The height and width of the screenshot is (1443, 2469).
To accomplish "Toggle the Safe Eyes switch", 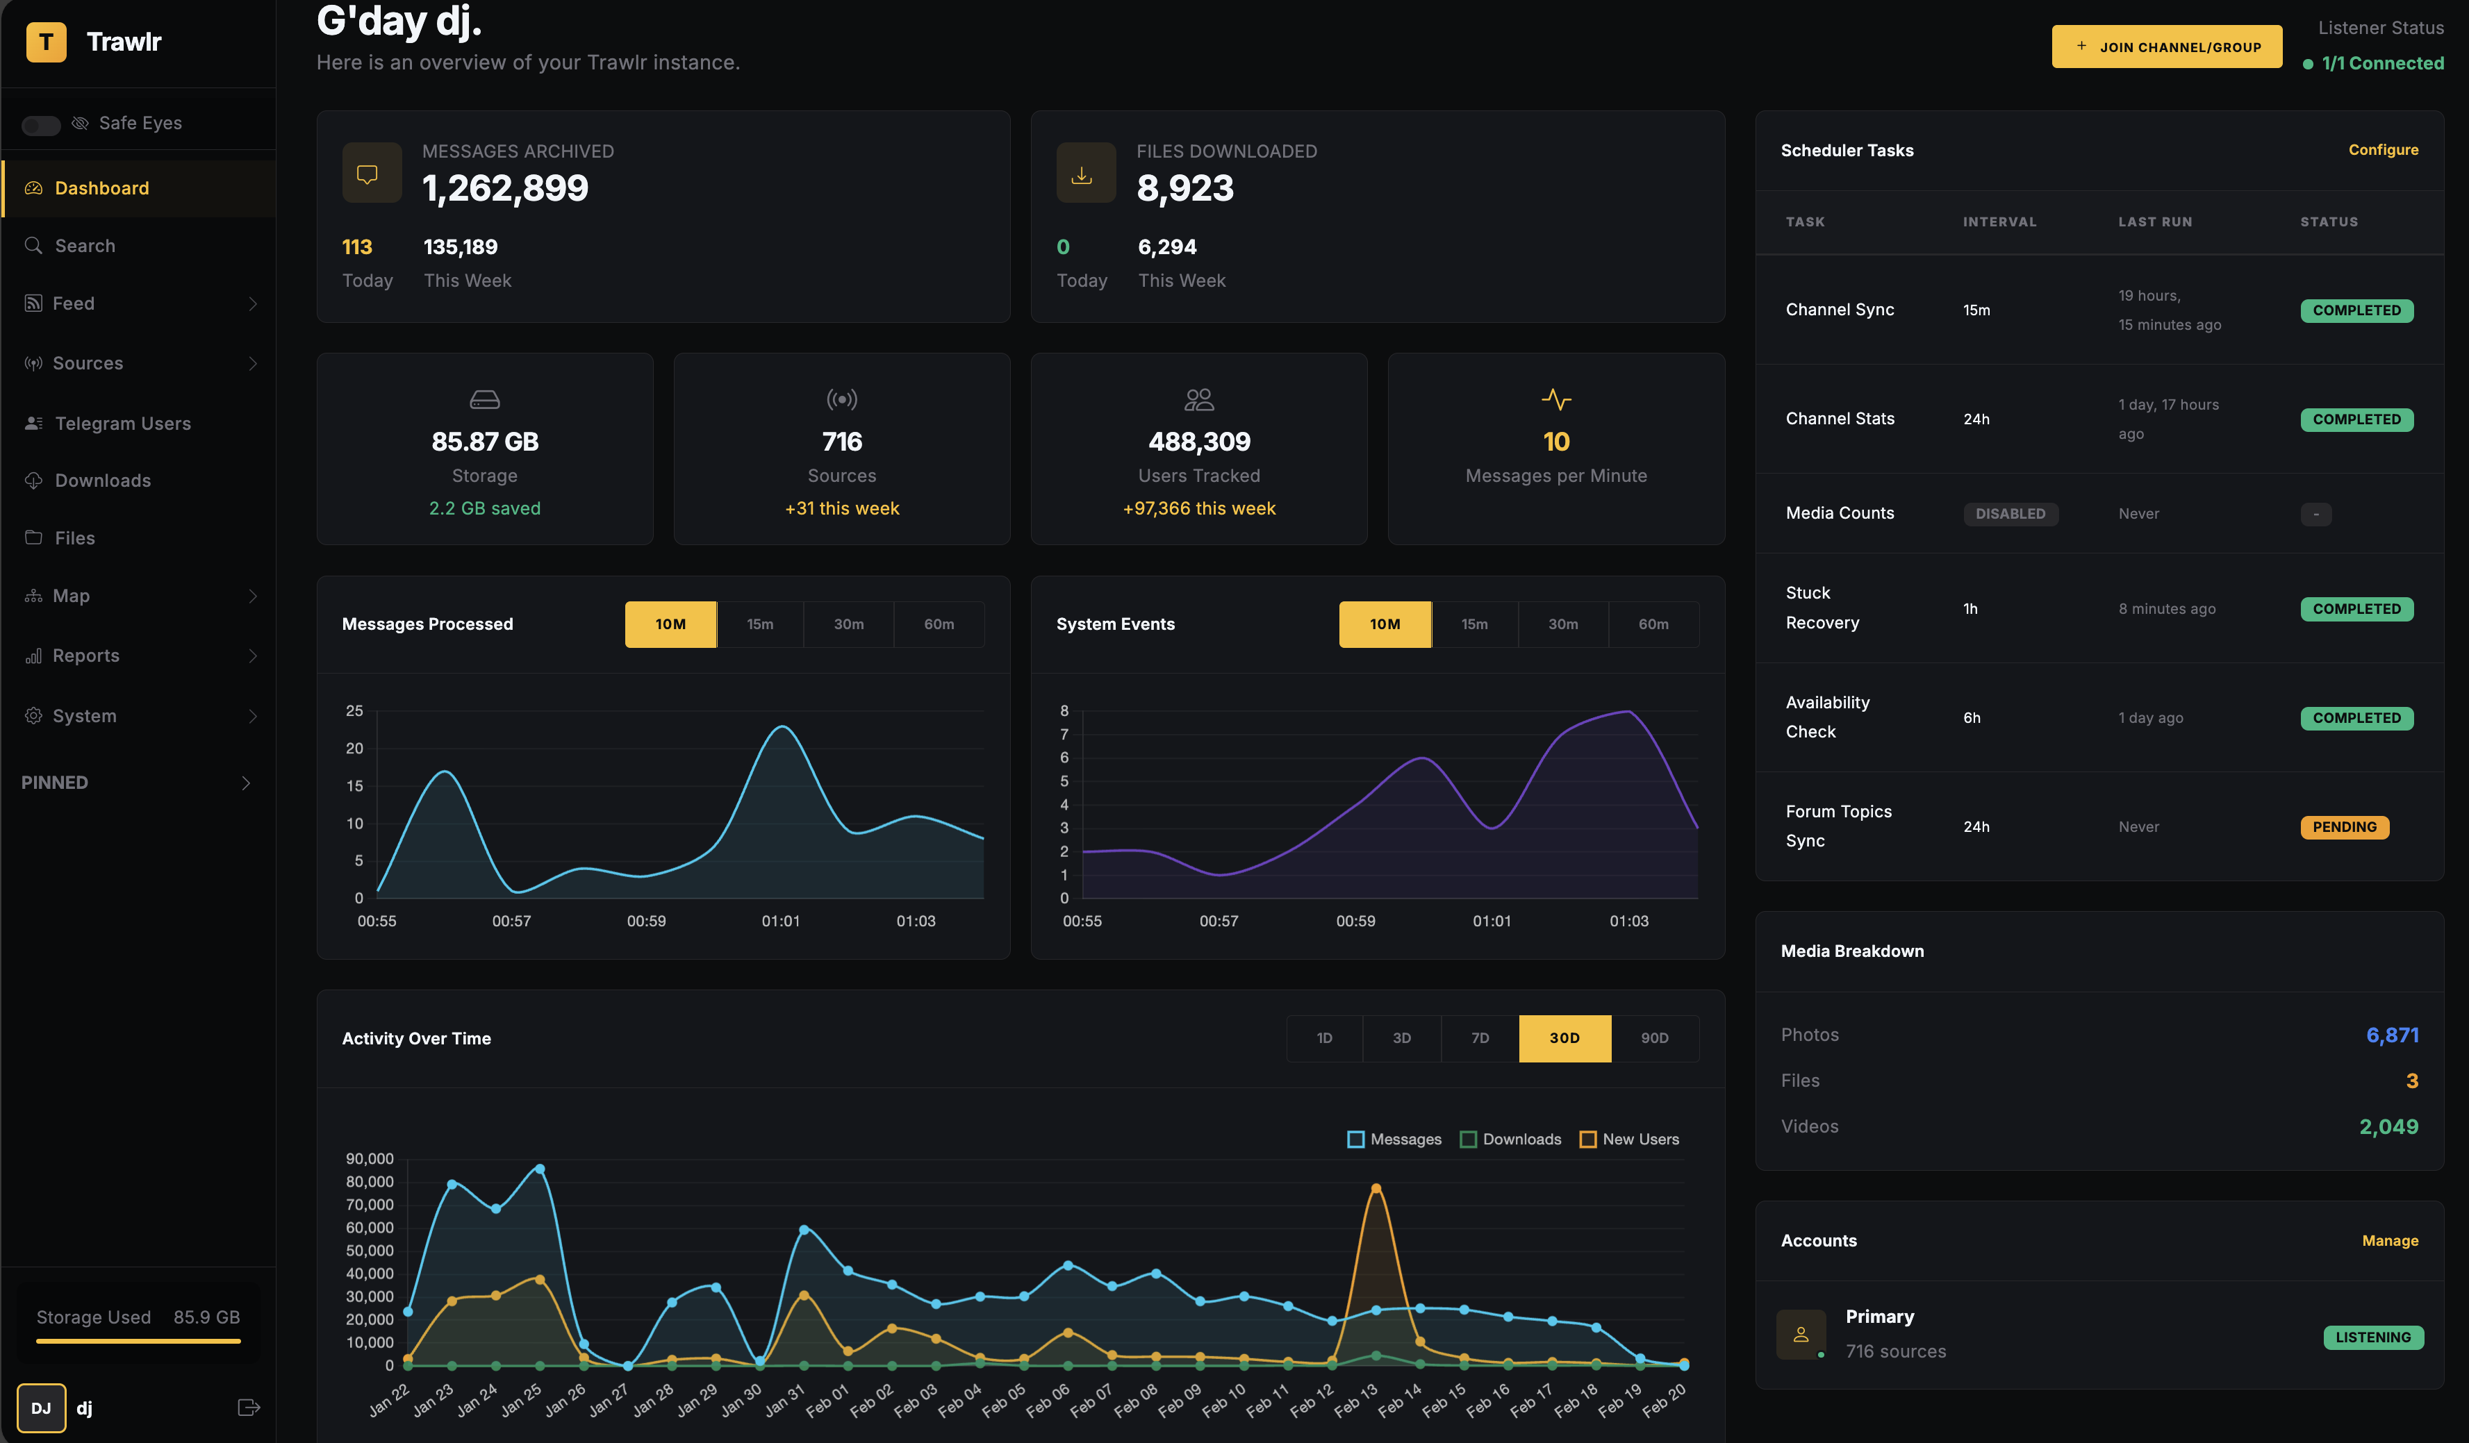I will coord(41,124).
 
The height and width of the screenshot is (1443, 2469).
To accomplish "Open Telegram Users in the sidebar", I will coord(122,423).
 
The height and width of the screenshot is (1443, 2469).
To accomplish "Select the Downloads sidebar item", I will coord(103,480).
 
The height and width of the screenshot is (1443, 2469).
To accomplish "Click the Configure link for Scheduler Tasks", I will coord(2383,150).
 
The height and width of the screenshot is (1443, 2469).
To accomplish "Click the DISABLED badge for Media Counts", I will coord(2010,513).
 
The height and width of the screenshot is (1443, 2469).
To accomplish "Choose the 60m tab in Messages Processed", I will coord(938,624).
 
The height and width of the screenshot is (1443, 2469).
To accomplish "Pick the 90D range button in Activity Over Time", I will coord(1654,1037).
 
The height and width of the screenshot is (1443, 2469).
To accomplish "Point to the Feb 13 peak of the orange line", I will coord(1376,1188).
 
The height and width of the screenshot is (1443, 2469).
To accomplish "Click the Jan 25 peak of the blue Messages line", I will coord(540,1169).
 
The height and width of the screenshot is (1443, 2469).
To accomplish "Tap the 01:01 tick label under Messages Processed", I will coord(781,921).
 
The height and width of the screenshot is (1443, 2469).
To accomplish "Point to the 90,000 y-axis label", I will coord(370,1159).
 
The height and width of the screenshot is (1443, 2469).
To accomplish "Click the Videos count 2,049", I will coord(2388,1126).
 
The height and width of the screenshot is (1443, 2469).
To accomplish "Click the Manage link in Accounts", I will coord(2390,1240).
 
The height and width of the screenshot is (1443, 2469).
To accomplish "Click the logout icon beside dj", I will coord(249,1408).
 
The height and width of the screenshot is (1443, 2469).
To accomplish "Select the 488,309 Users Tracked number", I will coord(1198,442).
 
